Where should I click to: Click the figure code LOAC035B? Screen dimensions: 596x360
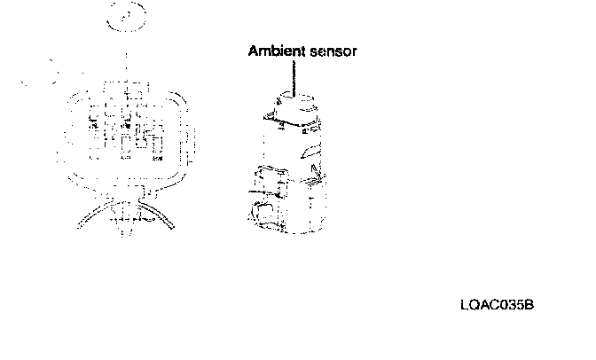coord(497,306)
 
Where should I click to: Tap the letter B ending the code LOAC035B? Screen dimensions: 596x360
coord(529,306)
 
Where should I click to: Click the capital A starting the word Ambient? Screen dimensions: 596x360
coord(253,52)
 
